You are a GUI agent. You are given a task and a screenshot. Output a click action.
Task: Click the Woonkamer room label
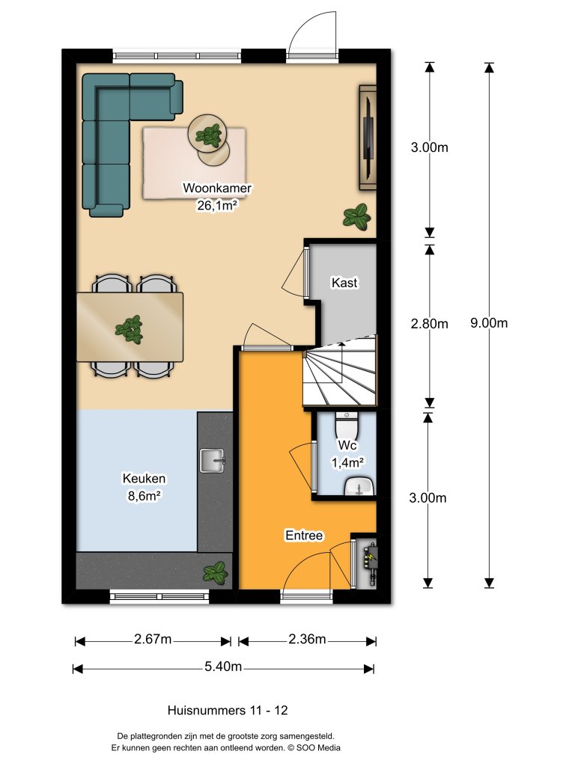coord(216,189)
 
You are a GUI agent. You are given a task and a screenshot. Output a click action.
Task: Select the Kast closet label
coord(344,283)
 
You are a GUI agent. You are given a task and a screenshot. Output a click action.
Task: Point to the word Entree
coord(304,536)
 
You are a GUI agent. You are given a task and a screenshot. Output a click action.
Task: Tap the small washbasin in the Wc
coord(357,487)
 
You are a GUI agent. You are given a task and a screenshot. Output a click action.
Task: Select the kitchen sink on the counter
coord(213,461)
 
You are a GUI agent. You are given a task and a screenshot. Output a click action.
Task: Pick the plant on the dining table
coord(130,329)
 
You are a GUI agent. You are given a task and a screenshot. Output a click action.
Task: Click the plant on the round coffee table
coord(207,135)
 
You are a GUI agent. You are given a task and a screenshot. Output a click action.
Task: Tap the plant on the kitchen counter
coord(216,573)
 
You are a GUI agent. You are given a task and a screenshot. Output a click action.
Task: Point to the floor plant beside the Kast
coord(356,217)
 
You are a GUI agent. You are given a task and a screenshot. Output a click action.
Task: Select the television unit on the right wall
coord(368,137)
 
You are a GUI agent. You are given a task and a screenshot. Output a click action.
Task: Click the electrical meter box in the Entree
coord(369,561)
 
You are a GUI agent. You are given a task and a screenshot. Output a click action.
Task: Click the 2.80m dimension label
coord(430,323)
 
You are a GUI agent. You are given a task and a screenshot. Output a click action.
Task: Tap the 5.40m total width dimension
coord(223,667)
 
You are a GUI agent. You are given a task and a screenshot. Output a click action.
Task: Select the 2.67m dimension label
coord(153,639)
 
